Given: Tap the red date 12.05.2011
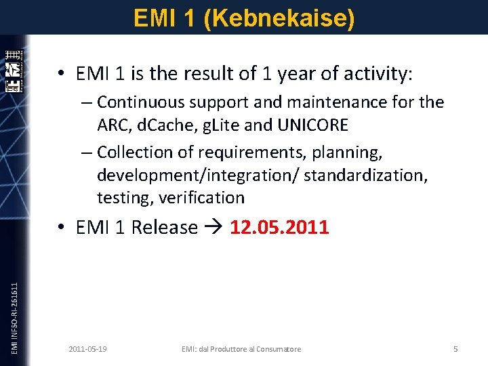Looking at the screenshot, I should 279,227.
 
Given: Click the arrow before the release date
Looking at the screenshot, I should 213,228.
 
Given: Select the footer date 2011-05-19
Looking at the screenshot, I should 87,349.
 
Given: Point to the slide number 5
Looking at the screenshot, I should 455,349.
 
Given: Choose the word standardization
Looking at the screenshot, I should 365,175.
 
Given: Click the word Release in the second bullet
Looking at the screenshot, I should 165,228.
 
